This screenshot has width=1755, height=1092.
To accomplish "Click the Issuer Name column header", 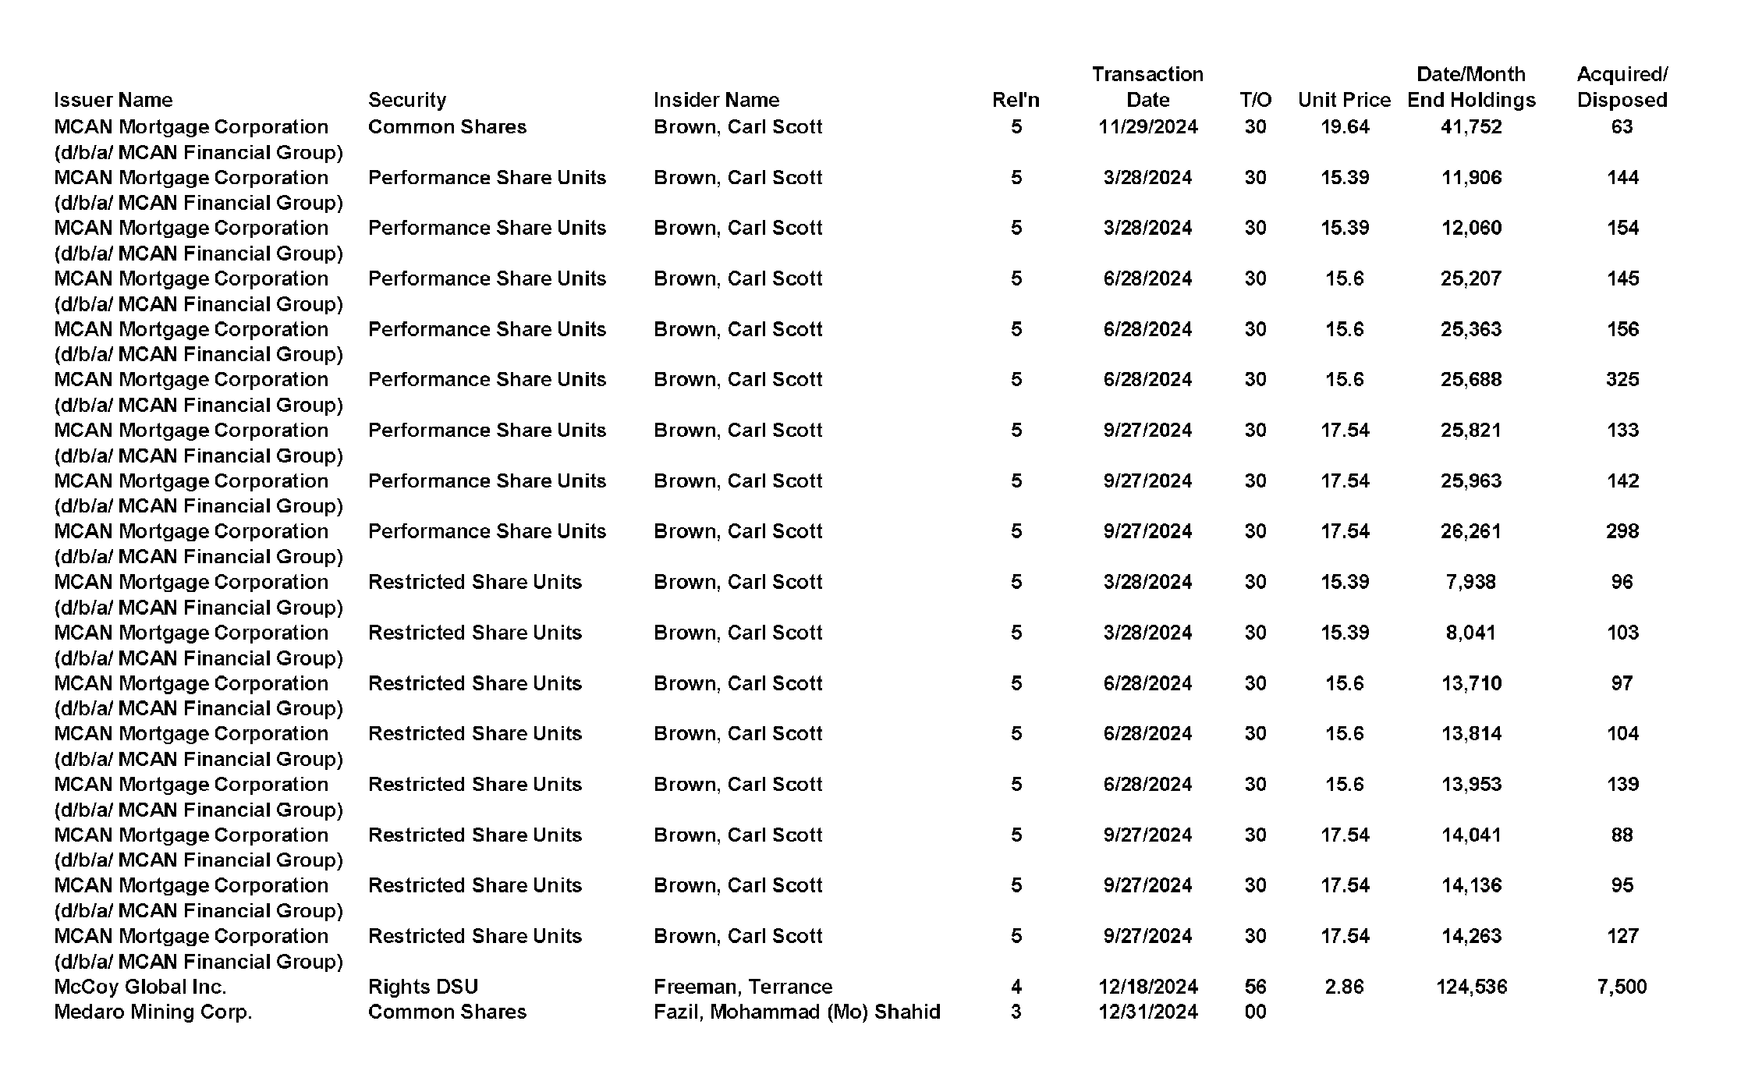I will coord(113,100).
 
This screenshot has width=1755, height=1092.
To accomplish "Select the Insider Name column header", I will coord(716,100).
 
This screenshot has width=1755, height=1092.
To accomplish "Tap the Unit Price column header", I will coord(1344,100).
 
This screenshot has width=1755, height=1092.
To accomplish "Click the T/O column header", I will coord(1255,100).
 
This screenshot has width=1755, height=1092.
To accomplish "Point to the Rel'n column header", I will coord(1016,100).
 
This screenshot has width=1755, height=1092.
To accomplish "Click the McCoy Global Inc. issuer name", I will coord(140,987).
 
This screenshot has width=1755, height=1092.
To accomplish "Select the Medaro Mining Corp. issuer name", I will coord(153,1012).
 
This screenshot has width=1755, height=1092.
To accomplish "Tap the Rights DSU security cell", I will coord(423,987).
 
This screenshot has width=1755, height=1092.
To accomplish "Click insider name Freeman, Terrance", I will coord(743,987).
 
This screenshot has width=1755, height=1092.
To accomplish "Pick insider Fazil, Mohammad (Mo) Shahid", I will coord(796,1012).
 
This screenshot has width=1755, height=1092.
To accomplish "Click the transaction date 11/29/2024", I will coord(1147,127).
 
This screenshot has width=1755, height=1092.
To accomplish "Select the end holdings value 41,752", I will coord(1471,127).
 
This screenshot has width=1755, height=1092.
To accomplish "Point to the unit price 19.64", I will coord(1345,127).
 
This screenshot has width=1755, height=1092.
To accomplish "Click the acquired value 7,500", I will coord(1622,987).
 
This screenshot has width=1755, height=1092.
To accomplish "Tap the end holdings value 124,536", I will coord(1471,987).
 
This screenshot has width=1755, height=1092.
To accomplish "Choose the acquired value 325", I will coord(1622,380).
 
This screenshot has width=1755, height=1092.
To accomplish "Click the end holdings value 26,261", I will coord(1471,531).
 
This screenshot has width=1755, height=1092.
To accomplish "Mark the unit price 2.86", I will coord(1345,987).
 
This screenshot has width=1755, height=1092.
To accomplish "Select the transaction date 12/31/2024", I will coord(1147,1012).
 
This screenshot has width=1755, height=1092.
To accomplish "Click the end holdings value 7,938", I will coord(1471,582).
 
